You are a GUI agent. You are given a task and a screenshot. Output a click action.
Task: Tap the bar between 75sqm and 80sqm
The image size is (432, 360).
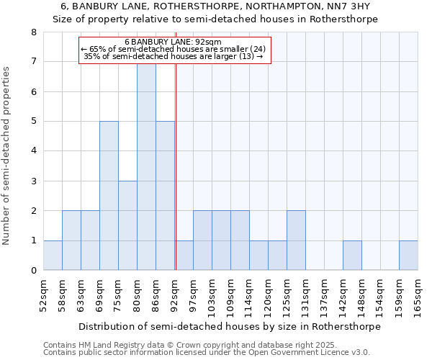(x=127, y=225)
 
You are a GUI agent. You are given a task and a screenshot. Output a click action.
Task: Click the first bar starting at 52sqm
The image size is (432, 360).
(x=53, y=256)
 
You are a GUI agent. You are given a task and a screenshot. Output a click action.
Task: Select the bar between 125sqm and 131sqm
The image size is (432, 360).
(x=296, y=240)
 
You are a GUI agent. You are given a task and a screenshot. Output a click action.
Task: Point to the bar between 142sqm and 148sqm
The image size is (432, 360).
(x=352, y=256)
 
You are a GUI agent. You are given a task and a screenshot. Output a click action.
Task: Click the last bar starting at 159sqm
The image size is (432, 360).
(x=408, y=256)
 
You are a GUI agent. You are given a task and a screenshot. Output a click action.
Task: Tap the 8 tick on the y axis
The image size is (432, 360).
(x=33, y=32)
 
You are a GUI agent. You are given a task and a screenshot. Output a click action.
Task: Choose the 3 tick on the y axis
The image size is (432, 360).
(x=33, y=181)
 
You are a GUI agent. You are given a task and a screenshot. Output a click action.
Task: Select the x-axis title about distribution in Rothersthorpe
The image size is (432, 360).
(x=229, y=326)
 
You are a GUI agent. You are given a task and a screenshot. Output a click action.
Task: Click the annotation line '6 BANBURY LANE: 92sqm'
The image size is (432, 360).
(x=173, y=42)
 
